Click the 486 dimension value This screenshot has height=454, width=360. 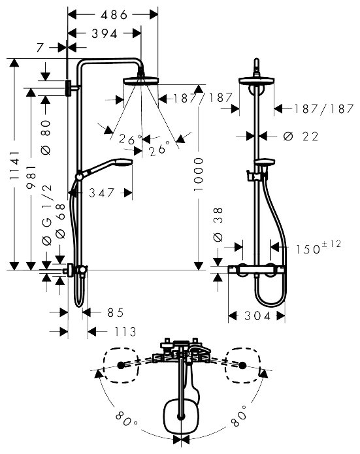click(x=114, y=14)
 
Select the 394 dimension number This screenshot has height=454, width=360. click(x=105, y=34)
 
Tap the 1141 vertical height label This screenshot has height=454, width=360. click(x=14, y=165)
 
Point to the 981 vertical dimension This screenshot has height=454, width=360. click(x=31, y=177)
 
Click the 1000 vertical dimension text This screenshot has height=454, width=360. click(x=199, y=174)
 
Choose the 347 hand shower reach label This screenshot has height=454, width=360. click(x=102, y=193)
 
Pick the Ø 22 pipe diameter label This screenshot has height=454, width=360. click(x=301, y=136)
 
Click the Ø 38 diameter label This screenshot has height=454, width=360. click(x=218, y=224)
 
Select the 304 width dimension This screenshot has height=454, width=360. click(x=257, y=316)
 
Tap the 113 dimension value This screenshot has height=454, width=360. click(x=125, y=332)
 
